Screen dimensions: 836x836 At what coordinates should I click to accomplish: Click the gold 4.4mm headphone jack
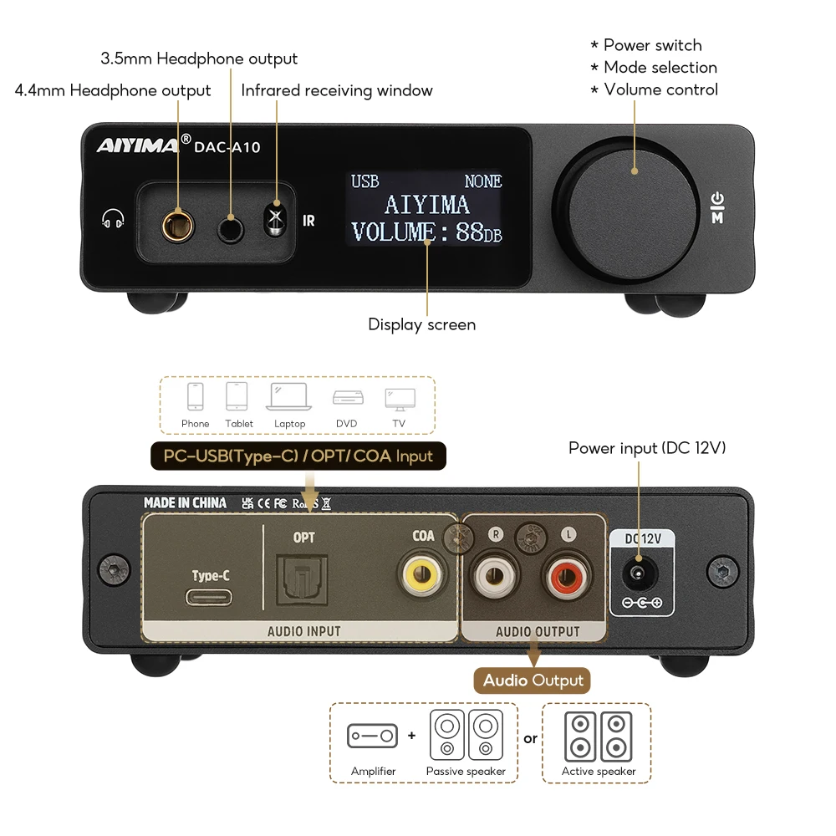pos(178,224)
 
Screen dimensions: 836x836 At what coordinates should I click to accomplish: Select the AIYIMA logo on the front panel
pos(137,146)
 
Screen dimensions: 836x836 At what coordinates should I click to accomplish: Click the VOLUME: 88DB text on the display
pos(426,232)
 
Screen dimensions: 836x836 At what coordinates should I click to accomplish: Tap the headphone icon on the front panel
pos(113,220)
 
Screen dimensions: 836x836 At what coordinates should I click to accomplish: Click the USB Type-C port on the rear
pos(211,599)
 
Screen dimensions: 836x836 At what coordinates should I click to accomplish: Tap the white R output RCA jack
pos(495,578)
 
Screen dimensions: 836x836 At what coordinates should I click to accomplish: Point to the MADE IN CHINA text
pos(185,502)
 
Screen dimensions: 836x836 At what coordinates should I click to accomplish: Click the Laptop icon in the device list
pos(289,398)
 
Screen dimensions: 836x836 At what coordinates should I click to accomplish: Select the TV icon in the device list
pos(400,398)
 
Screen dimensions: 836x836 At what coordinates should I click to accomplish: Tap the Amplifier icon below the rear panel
pos(373,737)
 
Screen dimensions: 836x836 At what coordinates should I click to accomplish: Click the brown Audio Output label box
pos(533,680)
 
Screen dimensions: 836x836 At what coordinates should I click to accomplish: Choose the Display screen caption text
pos(421,324)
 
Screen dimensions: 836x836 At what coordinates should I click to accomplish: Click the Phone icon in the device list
pos(196,397)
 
